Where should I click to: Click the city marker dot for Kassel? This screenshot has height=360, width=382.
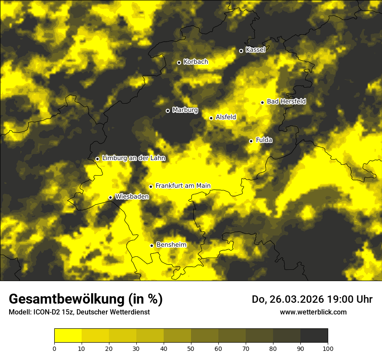(x=241, y=51)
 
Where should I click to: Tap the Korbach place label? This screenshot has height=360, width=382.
(x=195, y=62)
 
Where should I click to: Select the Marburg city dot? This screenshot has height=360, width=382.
(x=168, y=111)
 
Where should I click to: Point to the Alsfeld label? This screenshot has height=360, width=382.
(x=226, y=117)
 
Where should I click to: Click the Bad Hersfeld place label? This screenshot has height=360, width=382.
(x=286, y=101)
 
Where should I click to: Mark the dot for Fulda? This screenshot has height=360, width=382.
(x=251, y=141)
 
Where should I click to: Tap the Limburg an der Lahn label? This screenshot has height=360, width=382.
(x=134, y=158)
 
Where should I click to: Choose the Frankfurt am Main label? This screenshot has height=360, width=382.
(x=183, y=186)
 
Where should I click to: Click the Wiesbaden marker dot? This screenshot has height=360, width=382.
(x=110, y=197)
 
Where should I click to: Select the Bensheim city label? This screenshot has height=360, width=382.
(x=171, y=245)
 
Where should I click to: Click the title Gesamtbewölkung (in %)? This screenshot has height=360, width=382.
(x=86, y=299)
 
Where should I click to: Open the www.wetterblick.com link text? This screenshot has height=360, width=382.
(x=313, y=312)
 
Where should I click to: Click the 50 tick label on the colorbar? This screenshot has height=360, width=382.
(x=191, y=348)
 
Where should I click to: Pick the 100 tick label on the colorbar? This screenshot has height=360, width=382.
(x=328, y=348)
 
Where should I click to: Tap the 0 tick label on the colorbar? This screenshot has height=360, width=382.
(x=54, y=348)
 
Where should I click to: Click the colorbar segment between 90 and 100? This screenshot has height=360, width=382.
(x=314, y=336)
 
